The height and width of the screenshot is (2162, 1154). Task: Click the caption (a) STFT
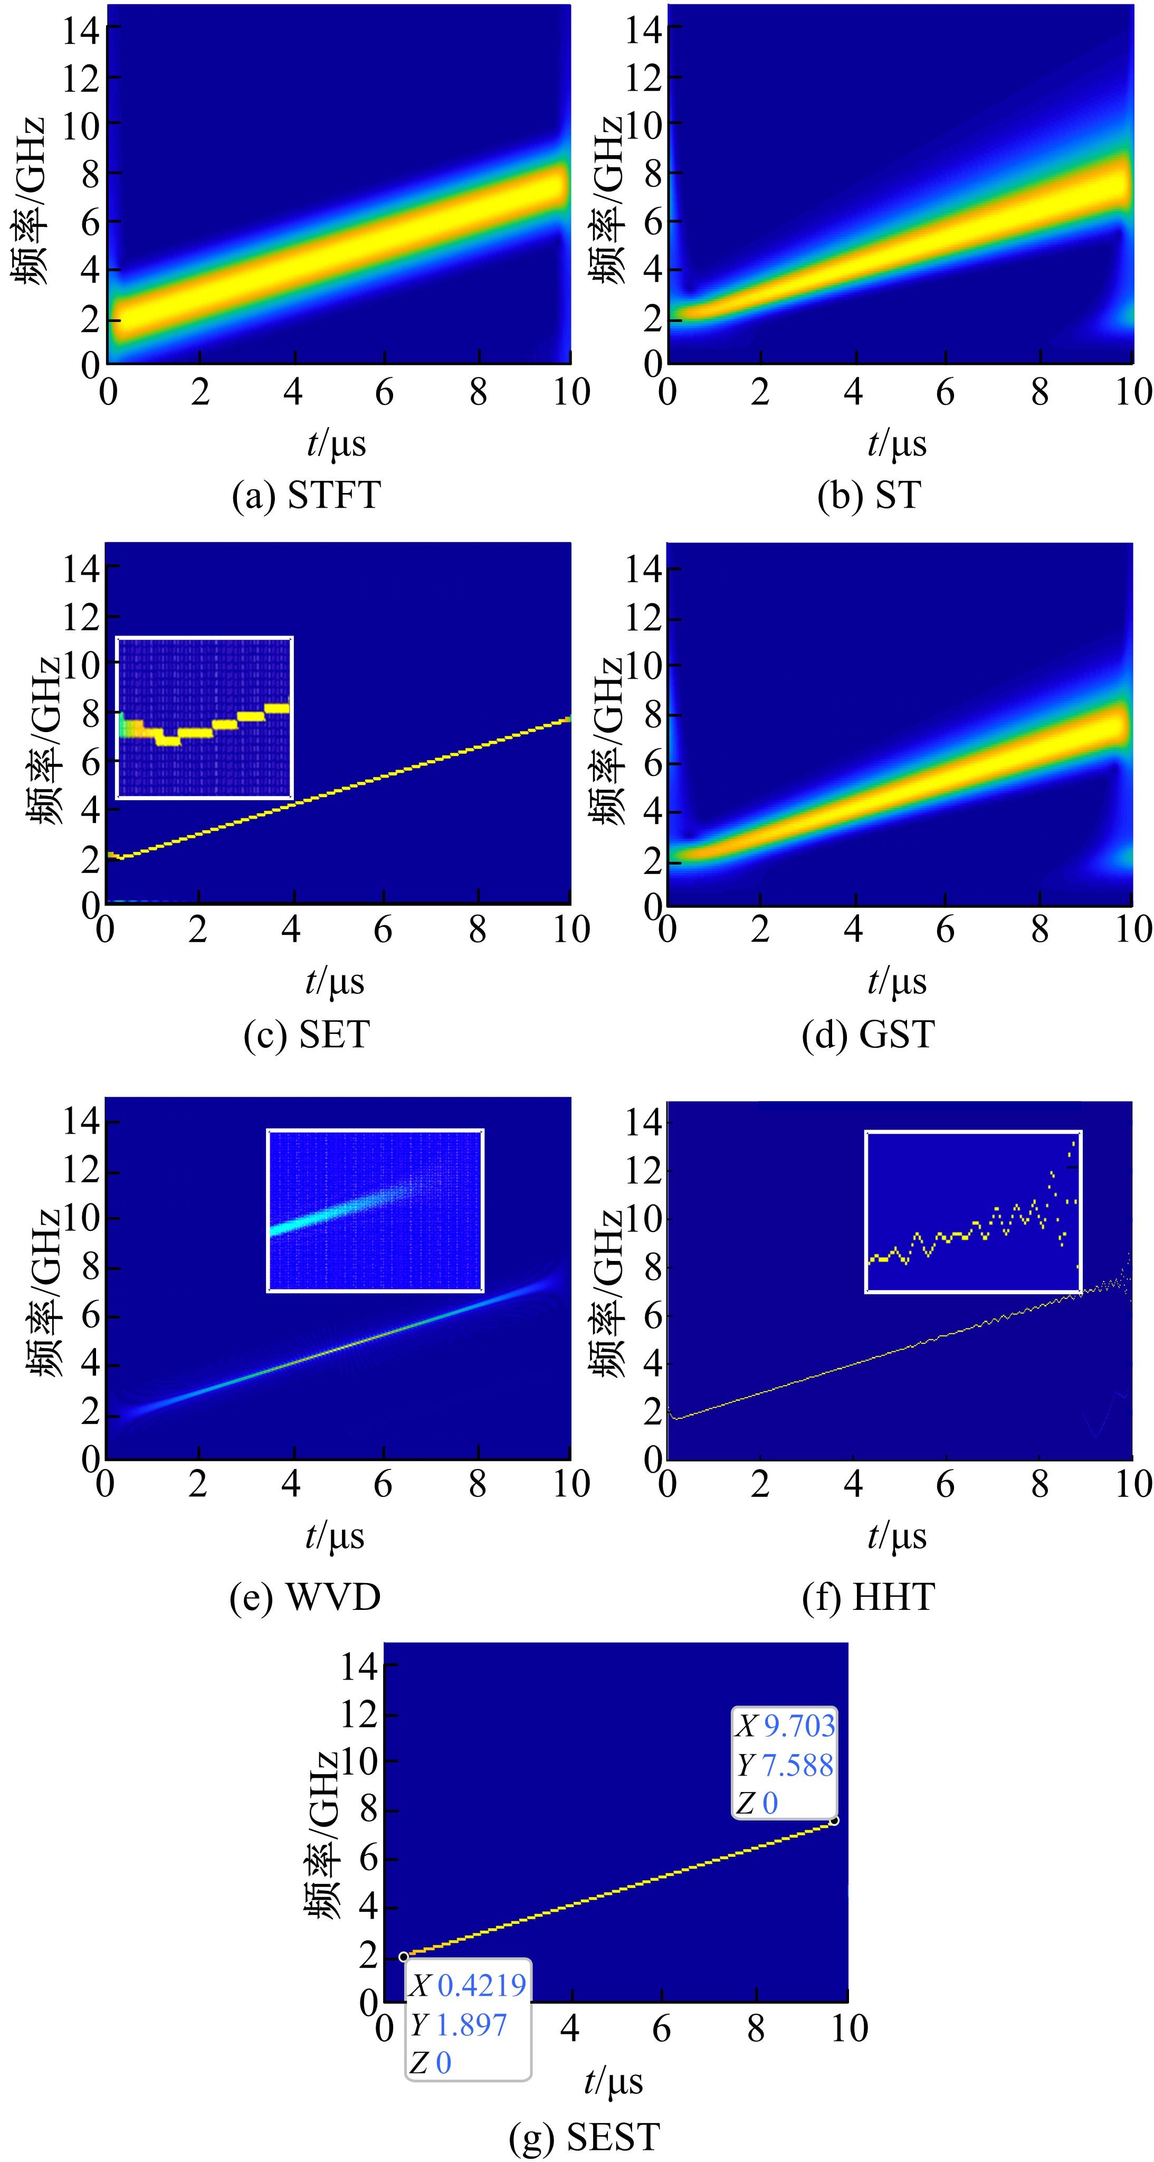pos(307,495)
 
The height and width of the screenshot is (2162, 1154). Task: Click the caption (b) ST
pos(869,495)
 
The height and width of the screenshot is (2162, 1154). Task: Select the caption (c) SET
pos(307,1034)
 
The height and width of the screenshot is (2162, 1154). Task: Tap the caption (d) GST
pos(868,1034)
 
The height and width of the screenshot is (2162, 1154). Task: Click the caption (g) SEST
pos(585,2136)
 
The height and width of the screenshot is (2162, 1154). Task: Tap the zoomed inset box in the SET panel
pos(204,718)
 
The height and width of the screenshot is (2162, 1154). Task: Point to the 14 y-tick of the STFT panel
pos(81,30)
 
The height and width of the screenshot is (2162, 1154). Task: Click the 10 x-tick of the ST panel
pos(1133,392)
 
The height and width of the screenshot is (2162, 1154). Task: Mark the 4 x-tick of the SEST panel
pos(570,2028)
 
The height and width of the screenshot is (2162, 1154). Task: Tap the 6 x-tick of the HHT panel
pos(946,1484)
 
